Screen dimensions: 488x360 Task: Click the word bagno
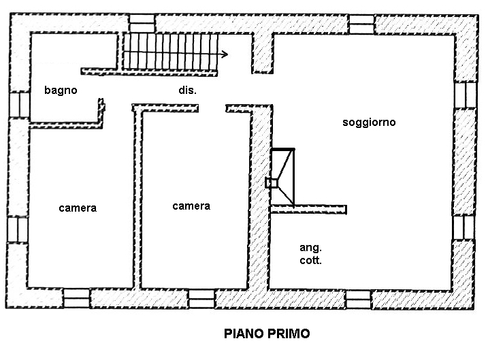tap(61, 91)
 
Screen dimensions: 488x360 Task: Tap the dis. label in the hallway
tap(187, 91)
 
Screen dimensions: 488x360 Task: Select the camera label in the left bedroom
tap(78, 208)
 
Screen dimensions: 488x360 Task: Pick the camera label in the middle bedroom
tap(191, 206)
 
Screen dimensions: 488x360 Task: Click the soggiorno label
tap(369, 122)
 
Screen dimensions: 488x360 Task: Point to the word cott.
tap(310, 261)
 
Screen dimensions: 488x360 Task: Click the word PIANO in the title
tap(244, 333)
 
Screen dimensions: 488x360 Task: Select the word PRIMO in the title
tap(289, 333)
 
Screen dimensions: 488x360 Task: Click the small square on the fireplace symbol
tap(272, 183)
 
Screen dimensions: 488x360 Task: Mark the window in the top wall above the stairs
tap(142, 23)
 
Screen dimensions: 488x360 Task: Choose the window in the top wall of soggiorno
tap(361, 24)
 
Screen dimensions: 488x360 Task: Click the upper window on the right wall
tap(466, 95)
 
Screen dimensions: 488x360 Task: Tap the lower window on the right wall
tap(463, 227)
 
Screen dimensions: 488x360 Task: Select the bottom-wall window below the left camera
tap(76, 298)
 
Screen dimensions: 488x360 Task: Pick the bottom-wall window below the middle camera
tap(201, 299)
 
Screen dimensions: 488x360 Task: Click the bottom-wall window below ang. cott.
tap(359, 299)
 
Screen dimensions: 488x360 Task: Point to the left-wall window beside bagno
tap(20, 104)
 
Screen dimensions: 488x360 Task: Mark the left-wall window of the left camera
tap(18, 229)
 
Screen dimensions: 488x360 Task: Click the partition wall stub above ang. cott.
tap(309, 210)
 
